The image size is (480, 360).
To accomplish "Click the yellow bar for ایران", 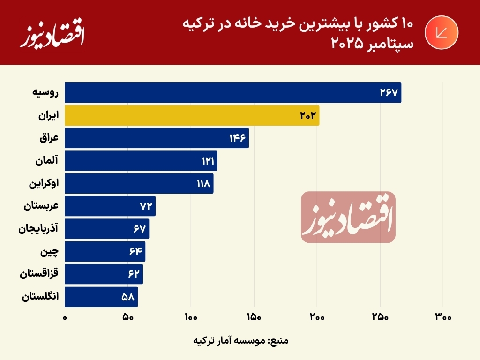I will tap(192, 115).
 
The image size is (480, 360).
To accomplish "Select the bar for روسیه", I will tap(232, 93).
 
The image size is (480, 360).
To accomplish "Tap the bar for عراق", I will tap(157, 138).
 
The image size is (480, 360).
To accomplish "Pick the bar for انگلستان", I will tap(101, 297).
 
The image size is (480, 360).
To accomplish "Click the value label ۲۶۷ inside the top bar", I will tap(389, 93).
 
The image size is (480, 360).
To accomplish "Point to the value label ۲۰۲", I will tap(309, 115).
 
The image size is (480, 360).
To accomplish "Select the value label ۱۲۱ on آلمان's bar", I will tap(208, 161).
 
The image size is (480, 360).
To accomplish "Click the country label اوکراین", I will tap(44, 183).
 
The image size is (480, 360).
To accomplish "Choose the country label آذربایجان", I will tap(38, 229).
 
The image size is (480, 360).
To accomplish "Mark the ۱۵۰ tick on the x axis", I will tap(254, 317).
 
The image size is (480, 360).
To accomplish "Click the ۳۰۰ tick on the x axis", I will tap(443, 317).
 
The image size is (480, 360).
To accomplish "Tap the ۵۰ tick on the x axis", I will tap(128, 317).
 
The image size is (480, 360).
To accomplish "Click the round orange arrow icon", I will tap(441, 32).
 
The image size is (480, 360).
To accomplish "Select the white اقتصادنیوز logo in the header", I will tap(52, 35).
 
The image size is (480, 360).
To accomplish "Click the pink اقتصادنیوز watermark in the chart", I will tap(348, 217).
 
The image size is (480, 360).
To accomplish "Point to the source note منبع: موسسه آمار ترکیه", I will tap(240, 340).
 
